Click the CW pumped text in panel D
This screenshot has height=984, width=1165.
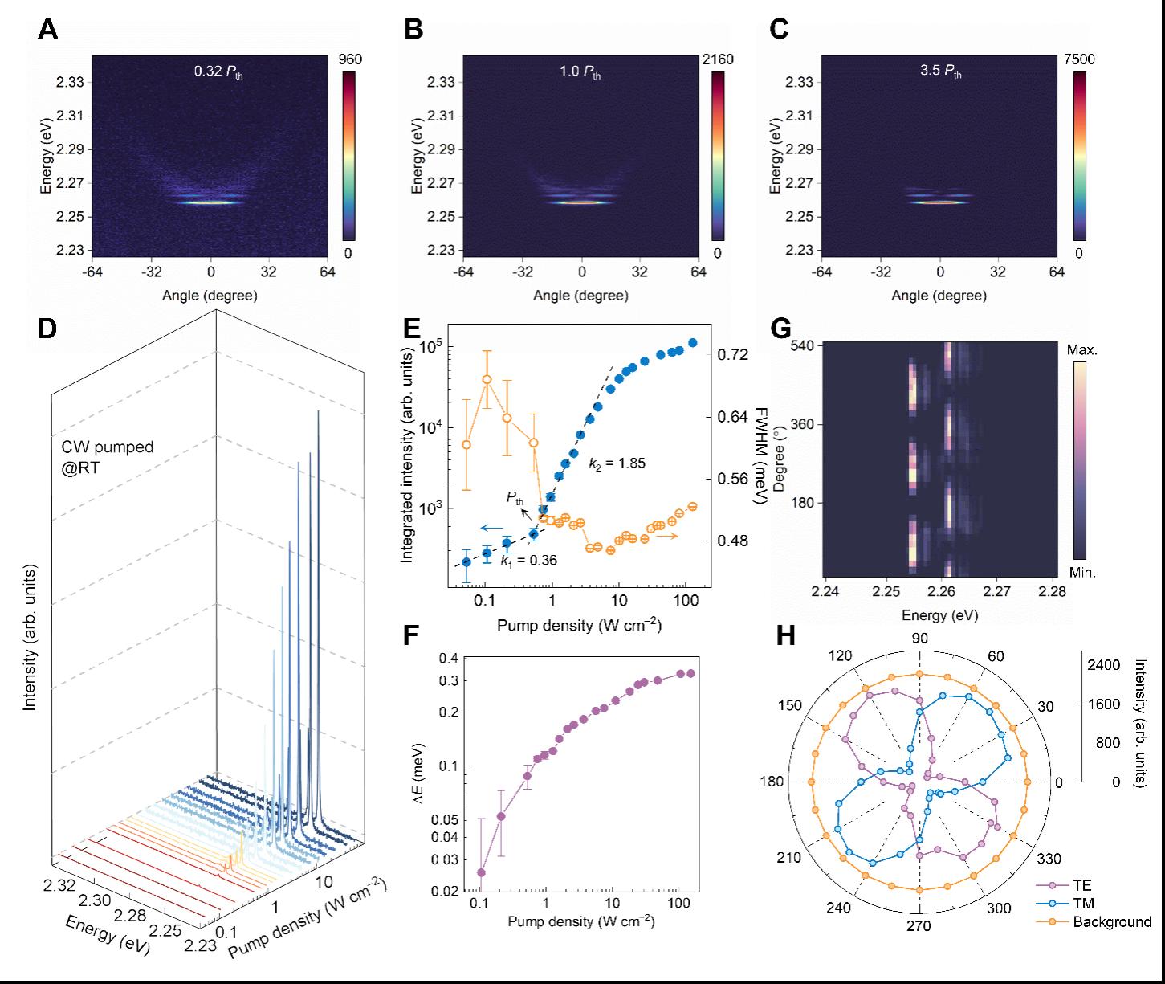tap(108, 447)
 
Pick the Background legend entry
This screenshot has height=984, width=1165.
tap(1112, 921)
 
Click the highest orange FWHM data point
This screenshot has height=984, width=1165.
tap(487, 379)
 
